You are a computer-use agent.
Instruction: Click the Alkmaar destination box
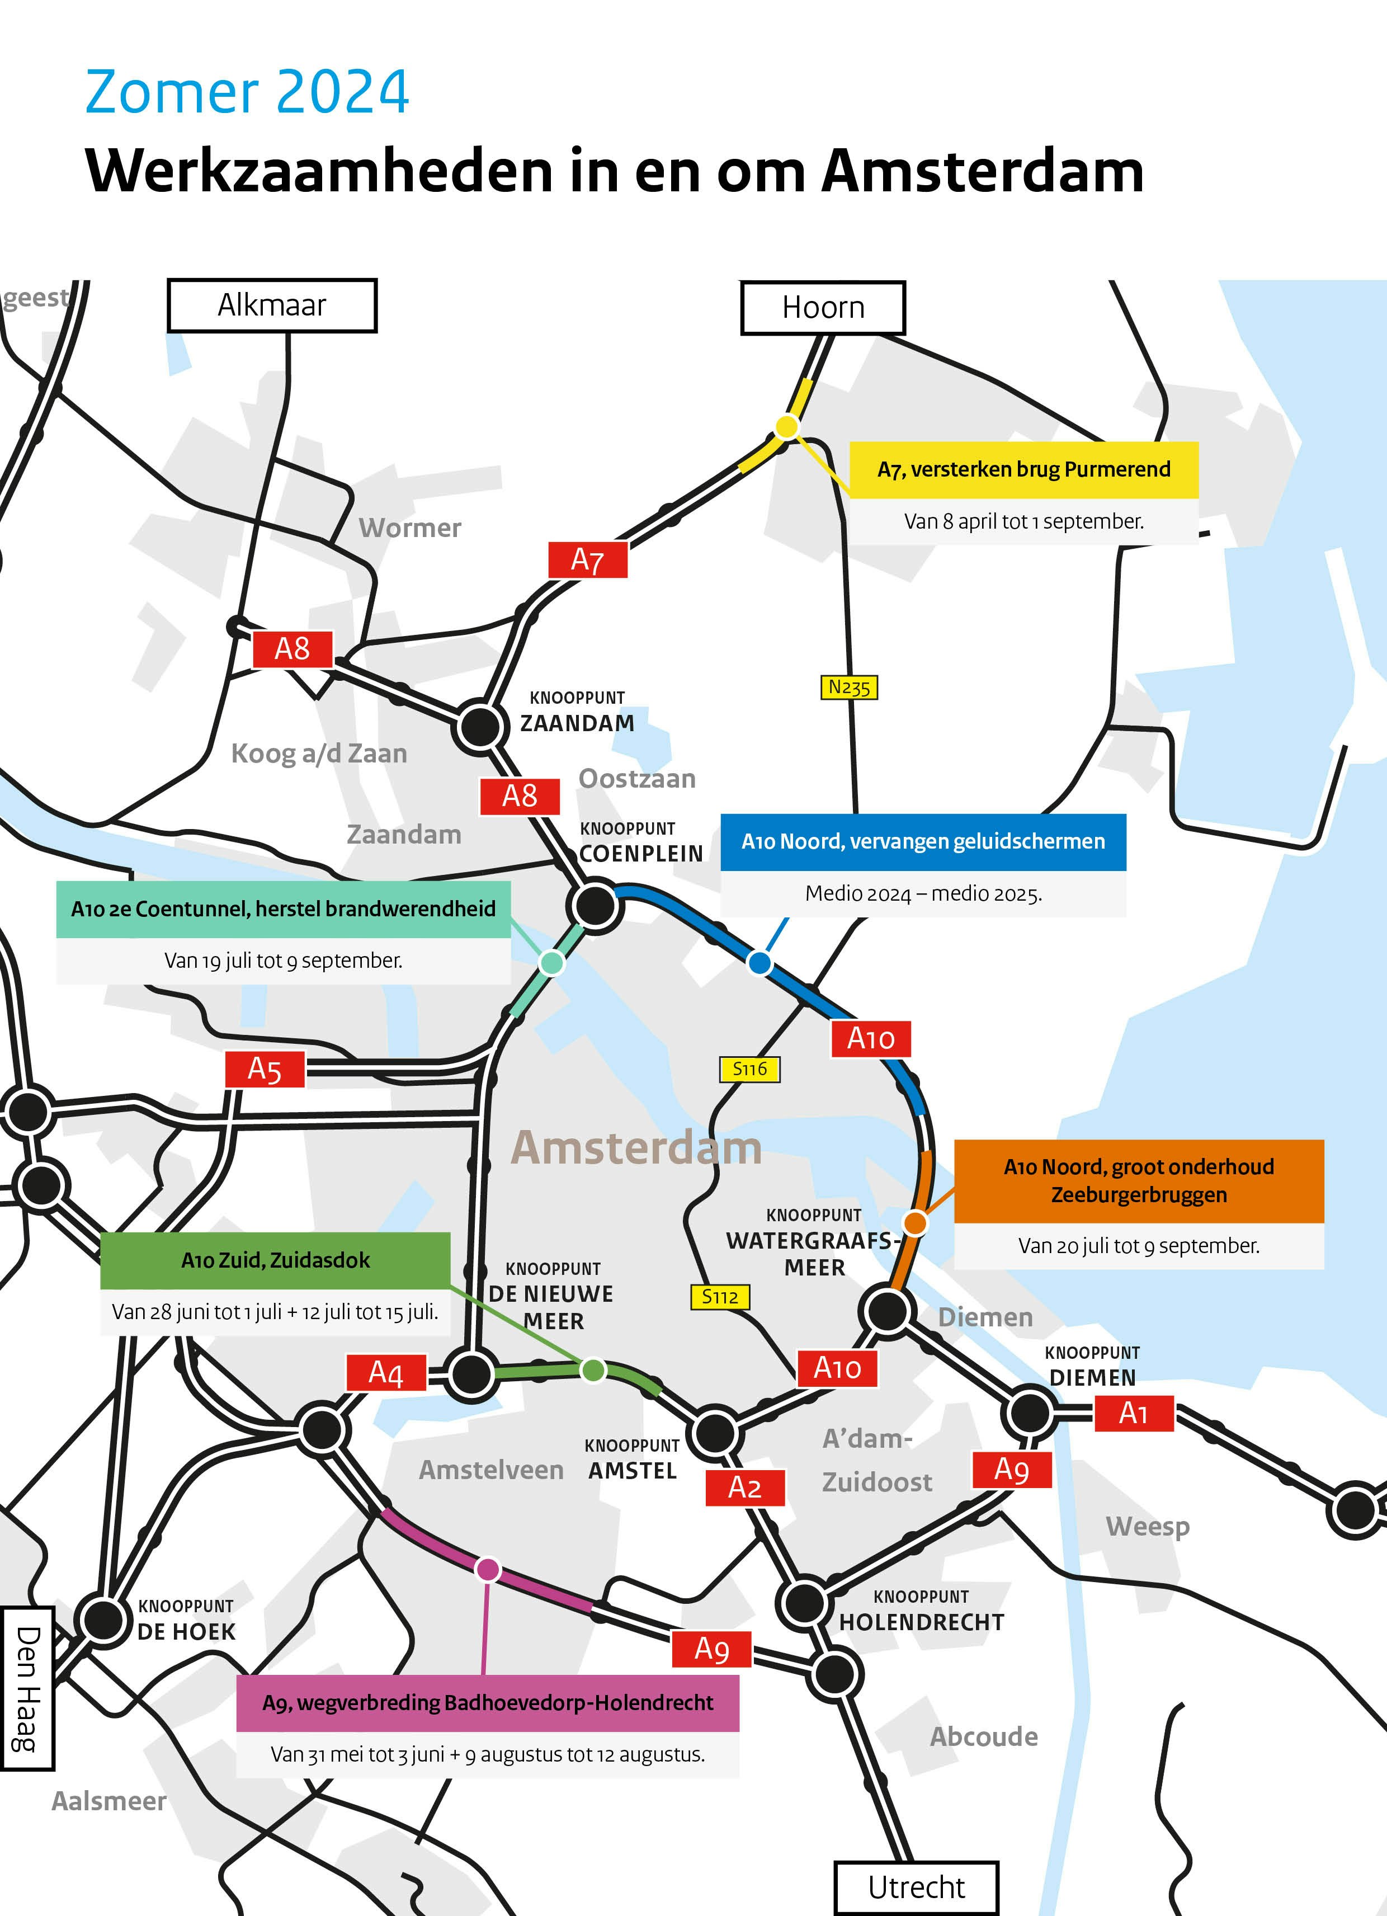272,305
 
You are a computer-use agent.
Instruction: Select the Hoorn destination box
823,308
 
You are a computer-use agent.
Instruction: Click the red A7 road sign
587,559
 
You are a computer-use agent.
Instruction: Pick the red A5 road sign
265,1070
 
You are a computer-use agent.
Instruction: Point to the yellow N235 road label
849,687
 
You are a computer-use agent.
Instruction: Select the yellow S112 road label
720,1296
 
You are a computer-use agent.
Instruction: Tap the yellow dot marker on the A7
786,427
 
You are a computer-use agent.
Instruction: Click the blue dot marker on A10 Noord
759,962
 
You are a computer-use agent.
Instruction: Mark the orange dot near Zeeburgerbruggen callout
915,1222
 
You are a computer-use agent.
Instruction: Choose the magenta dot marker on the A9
487,1570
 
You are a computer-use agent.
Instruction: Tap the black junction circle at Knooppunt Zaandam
479,726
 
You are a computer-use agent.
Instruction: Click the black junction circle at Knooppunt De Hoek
103,1618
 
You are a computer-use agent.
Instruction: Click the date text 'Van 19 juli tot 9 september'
283,961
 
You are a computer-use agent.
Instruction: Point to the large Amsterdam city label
636,1148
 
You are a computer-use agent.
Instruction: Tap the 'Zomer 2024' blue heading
247,92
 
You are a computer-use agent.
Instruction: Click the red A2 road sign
744,1487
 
